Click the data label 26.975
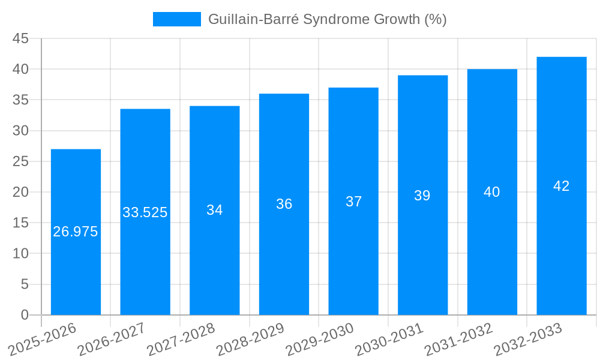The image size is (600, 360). (76, 232)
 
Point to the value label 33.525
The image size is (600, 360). (145, 212)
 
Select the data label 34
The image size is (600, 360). (215, 210)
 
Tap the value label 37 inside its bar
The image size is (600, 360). (353, 202)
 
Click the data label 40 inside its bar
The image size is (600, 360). (492, 192)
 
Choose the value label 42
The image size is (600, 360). (562, 186)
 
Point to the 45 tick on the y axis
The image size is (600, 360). (21, 38)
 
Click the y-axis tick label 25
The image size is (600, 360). (21, 161)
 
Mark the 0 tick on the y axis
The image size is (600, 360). (25, 315)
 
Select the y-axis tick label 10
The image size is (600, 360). (21, 254)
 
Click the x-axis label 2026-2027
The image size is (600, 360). (112, 339)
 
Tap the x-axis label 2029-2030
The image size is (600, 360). (320, 339)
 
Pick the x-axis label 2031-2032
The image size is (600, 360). (459, 339)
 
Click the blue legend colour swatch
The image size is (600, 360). (177, 19)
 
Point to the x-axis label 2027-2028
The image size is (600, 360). (181, 339)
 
